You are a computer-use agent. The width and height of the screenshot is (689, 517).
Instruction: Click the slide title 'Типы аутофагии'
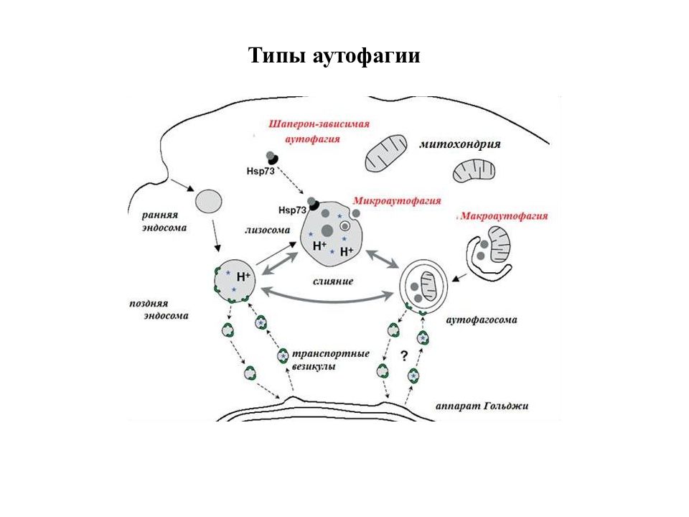pyautogui.click(x=334, y=56)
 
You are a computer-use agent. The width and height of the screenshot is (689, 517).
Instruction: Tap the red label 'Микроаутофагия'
pyautogui.click(x=397, y=201)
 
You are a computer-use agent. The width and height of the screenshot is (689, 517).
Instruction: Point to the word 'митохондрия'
pyautogui.click(x=460, y=144)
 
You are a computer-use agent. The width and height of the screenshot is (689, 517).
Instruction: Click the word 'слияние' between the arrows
pyautogui.click(x=333, y=281)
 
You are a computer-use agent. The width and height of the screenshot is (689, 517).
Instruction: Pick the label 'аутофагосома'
pyautogui.click(x=482, y=320)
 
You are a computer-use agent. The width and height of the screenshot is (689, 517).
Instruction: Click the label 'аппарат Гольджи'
pyautogui.click(x=482, y=406)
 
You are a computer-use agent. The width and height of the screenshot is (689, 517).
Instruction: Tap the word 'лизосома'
pyautogui.click(x=268, y=230)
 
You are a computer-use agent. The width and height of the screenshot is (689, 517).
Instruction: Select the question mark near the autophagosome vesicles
pyautogui.click(x=404, y=355)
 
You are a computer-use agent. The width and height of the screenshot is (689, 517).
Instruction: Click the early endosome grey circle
pyautogui.click(x=208, y=202)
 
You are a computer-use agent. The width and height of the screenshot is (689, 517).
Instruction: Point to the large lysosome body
pyautogui.click(x=332, y=234)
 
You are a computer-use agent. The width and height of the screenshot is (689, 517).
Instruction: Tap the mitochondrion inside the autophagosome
pyautogui.click(x=428, y=287)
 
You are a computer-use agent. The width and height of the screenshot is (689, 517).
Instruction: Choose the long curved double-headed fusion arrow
pyautogui.click(x=327, y=301)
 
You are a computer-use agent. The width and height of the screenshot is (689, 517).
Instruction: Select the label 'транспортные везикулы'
pyautogui.click(x=330, y=360)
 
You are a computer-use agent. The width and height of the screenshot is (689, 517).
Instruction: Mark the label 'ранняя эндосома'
pyautogui.click(x=164, y=222)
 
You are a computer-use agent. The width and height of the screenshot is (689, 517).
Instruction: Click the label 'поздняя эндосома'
pyautogui.click(x=159, y=309)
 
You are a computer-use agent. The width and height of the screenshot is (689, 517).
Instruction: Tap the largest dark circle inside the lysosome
pyautogui.click(x=327, y=230)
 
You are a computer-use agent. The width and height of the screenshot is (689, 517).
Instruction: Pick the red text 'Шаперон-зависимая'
pyautogui.click(x=319, y=124)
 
